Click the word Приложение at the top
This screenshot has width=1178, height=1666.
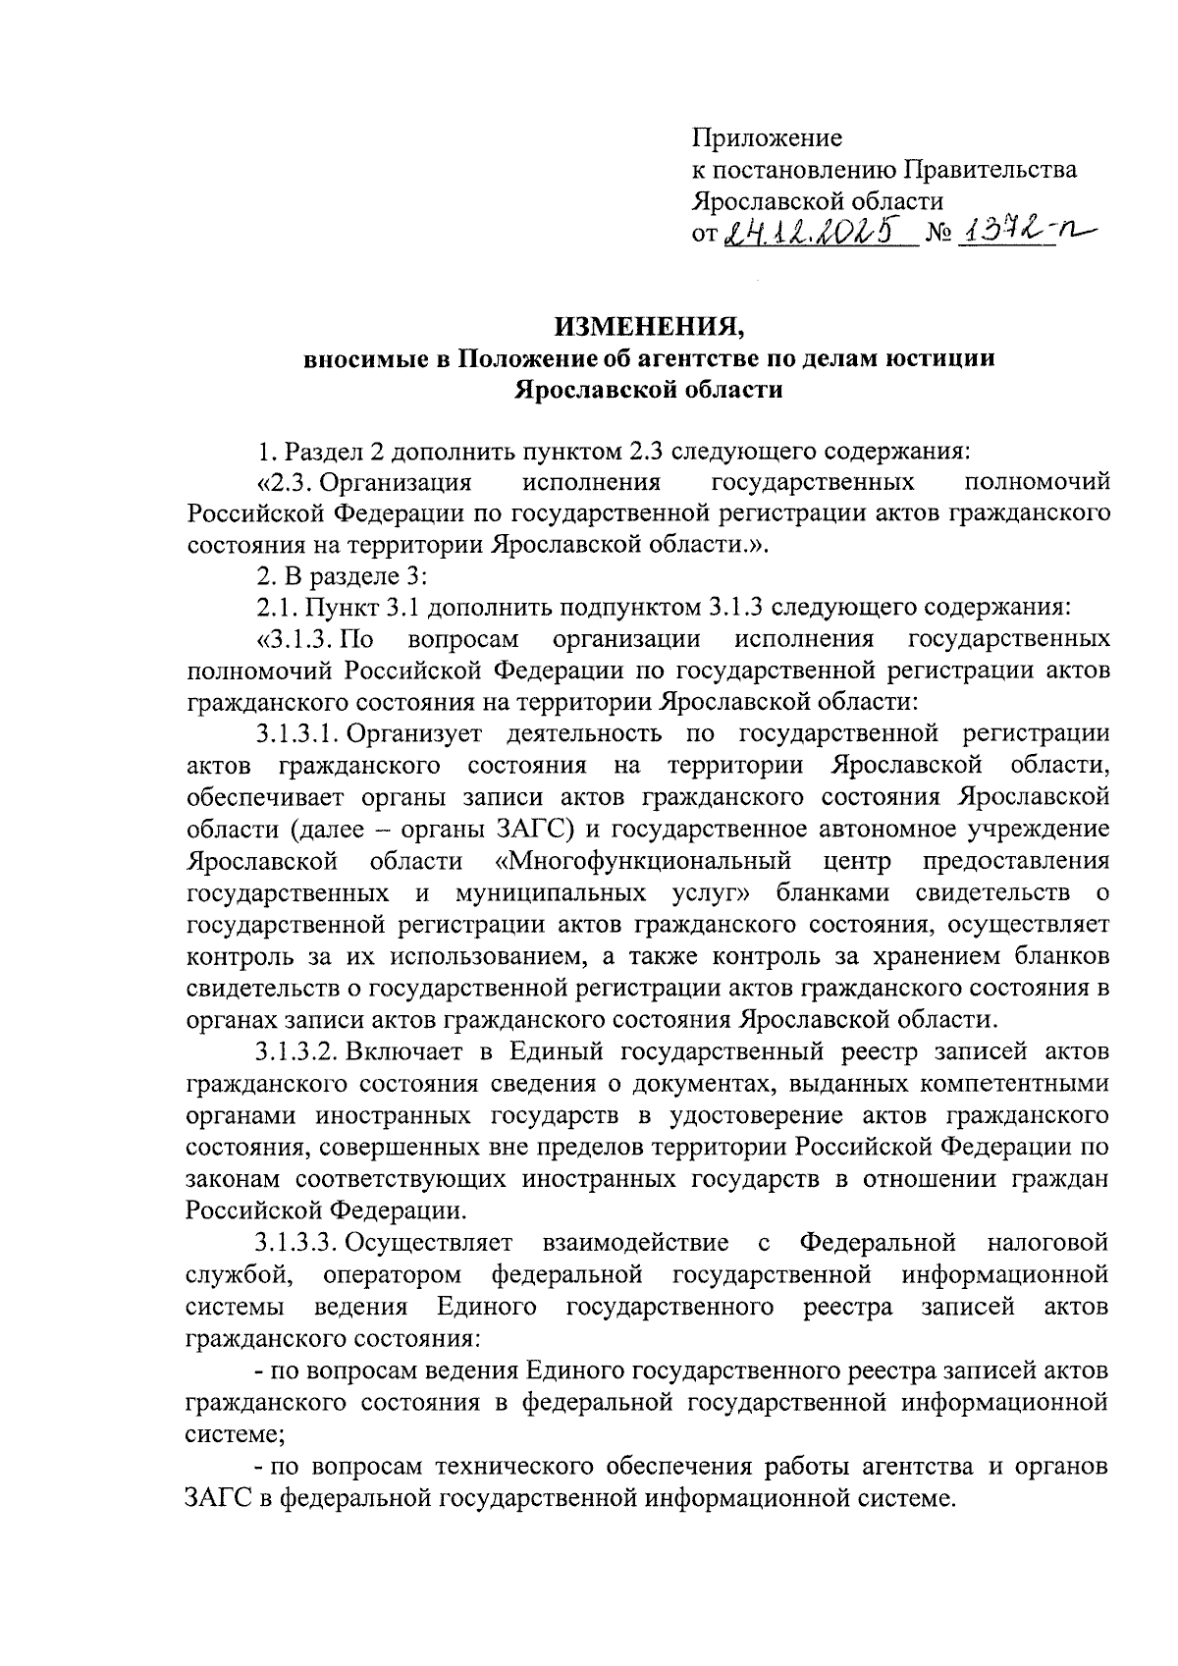767,137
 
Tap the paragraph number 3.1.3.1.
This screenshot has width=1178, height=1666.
298,733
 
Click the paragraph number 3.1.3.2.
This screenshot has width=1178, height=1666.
298,1051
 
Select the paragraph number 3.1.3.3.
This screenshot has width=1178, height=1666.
298,1243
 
